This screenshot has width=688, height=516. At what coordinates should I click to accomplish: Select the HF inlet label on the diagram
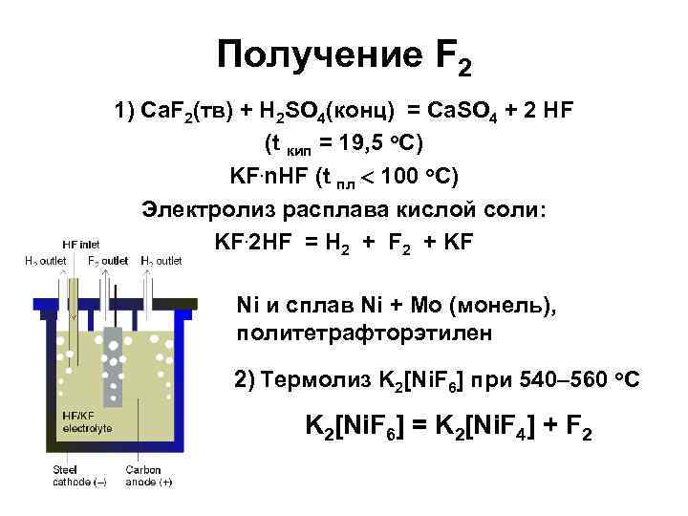point(80,243)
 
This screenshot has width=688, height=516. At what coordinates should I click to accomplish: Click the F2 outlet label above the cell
point(108,260)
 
